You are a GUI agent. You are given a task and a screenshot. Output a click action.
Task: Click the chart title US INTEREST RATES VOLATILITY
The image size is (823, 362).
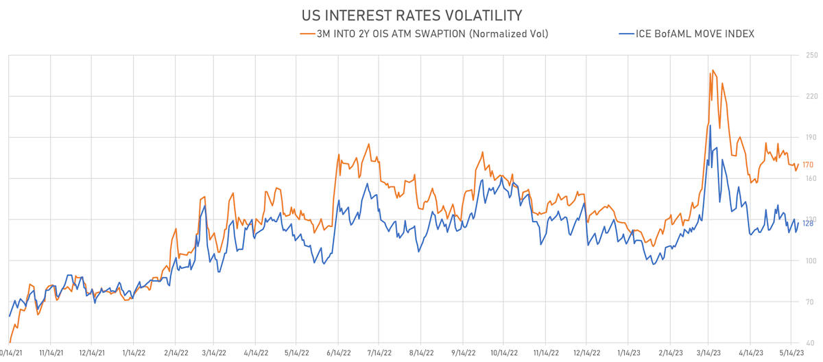411,14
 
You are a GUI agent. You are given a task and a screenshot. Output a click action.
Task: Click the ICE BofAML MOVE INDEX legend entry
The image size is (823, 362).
687,34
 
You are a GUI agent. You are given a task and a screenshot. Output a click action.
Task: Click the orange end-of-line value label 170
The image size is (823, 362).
808,165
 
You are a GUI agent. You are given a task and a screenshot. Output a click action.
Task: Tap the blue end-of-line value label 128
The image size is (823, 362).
808,224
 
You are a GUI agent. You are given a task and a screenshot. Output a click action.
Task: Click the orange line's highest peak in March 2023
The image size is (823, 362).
713,70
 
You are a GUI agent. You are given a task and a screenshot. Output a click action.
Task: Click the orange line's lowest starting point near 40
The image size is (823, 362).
10,342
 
